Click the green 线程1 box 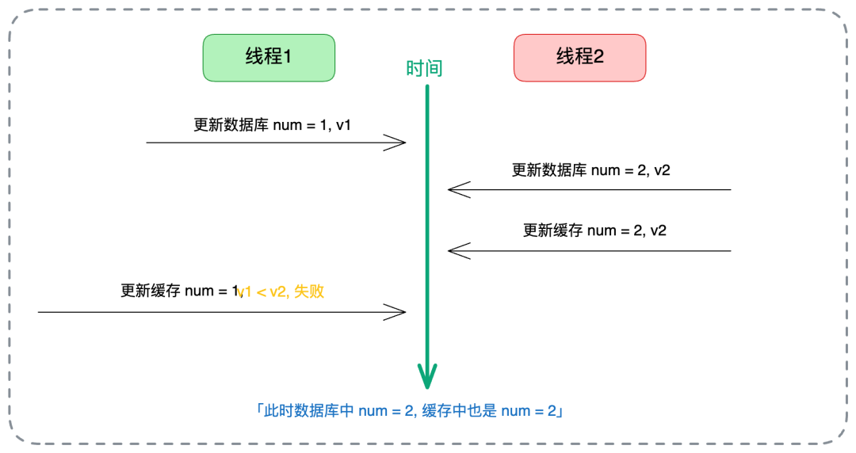tap(269, 57)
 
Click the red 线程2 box tap(579, 57)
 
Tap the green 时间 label tap(424, 69)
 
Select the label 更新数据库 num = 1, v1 tap(272, 125)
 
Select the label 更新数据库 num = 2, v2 tap(590, 169)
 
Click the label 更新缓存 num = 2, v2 tap(594, 230)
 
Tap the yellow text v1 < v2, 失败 tap(281, 291)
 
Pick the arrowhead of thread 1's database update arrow tap(396, 143)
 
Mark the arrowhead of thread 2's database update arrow tap(458, 189)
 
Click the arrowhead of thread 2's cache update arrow tap(458, 251)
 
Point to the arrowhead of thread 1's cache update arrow tap(396, 312)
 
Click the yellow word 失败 tap(309, 291)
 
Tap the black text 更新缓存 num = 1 tap(179, 291)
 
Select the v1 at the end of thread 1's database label tap(342, 125)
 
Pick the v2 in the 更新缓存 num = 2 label tap(657, 230)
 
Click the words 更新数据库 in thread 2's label tap(549, 169)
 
